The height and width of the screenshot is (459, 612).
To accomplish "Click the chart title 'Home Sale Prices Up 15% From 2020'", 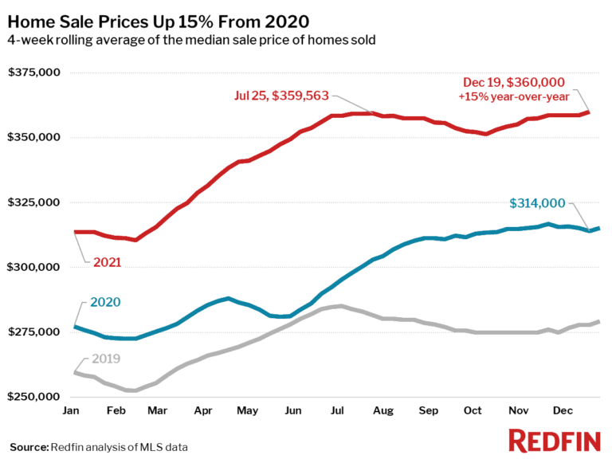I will (158, 18).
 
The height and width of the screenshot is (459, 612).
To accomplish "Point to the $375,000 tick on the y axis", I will (35, 73).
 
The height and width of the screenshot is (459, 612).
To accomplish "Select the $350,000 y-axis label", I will (35, 138).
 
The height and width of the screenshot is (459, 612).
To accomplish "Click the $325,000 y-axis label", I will (35, 202).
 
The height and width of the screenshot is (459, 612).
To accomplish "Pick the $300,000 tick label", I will (35, 267).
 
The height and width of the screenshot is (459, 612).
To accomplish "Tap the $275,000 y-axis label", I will (35, 331).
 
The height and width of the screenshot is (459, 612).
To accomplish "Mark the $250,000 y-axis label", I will (35, 396).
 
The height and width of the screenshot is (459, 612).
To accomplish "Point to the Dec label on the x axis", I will (563, 410).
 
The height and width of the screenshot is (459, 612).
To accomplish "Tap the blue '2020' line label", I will (106, 302).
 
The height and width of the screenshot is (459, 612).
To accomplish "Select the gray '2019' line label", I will (106, 359).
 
